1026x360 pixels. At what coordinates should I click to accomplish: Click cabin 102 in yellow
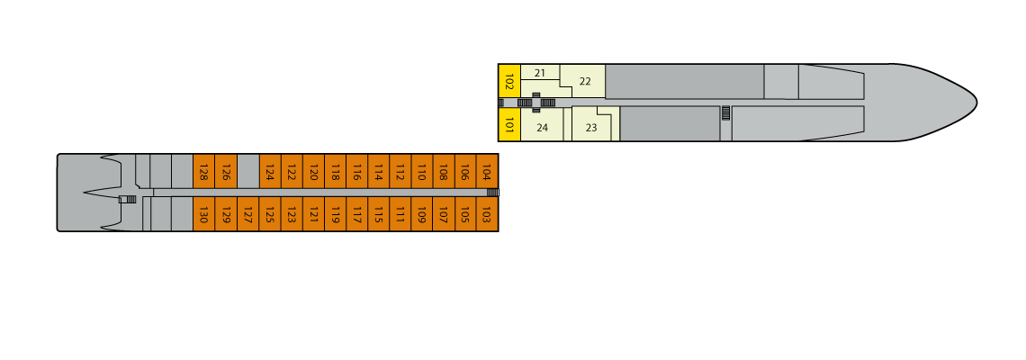[509, 81]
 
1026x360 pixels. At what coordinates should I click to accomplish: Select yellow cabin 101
[509, 124]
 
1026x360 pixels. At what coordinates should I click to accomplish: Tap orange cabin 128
[203, 172]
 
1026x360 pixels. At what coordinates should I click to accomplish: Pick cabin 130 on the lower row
[203, 214]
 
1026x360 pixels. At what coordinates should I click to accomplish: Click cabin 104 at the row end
[487, 172]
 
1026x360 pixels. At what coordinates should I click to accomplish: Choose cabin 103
[487, 214]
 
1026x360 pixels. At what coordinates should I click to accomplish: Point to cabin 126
[226, 172]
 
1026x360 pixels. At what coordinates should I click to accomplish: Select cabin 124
[270, 172]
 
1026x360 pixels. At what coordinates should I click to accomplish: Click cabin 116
[356, 172]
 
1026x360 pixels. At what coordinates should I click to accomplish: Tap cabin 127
[248, 214]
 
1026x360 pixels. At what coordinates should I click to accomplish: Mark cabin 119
[335, 214]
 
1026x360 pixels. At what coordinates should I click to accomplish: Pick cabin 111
[400, 214]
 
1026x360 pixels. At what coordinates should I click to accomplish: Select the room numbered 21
[540, 73]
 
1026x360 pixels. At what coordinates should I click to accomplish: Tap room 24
[542, 124]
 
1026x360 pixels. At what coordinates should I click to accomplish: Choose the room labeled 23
[592, 124]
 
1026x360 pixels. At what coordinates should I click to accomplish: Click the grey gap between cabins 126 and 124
[248, 172]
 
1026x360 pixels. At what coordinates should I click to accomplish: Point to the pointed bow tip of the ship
[976, 102]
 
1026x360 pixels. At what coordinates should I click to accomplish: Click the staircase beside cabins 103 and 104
[492, 193]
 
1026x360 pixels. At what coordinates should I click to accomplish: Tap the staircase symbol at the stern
[130, 199]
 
